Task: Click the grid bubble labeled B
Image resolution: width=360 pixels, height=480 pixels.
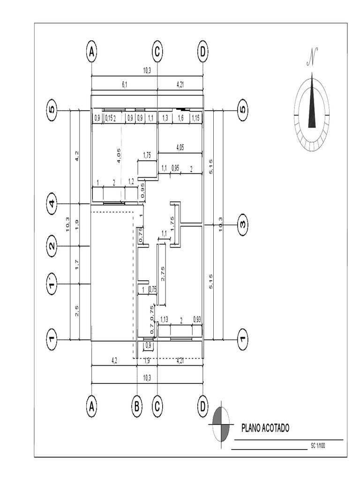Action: tap(136, 407)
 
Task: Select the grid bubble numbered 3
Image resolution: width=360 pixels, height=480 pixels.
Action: tap(242, 224)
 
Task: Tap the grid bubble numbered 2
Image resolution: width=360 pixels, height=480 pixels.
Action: tap(52, 246)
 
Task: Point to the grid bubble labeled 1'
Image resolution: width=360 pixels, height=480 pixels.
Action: tap(52, 284)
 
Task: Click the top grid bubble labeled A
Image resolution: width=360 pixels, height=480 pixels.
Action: tap(91, 52)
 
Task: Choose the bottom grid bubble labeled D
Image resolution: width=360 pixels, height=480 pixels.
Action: tap(202, 407)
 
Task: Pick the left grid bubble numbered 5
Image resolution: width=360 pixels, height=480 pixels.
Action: tap(52, 111)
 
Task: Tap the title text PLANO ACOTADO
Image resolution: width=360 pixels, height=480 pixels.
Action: tap(265, 427)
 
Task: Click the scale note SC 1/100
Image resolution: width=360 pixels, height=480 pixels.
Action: tap(318, 445)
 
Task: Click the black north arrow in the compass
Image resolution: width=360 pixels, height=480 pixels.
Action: tap(312, 105)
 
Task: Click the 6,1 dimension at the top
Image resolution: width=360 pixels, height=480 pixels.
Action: tap(124, 84)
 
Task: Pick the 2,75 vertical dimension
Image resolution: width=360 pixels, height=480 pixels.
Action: tap(163, 274)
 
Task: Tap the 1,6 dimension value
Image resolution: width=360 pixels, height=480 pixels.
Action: tap(180, 119)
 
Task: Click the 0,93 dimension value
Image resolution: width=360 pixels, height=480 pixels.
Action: tap(197, 320)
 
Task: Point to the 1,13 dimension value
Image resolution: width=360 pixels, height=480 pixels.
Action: tap(164, 320)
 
